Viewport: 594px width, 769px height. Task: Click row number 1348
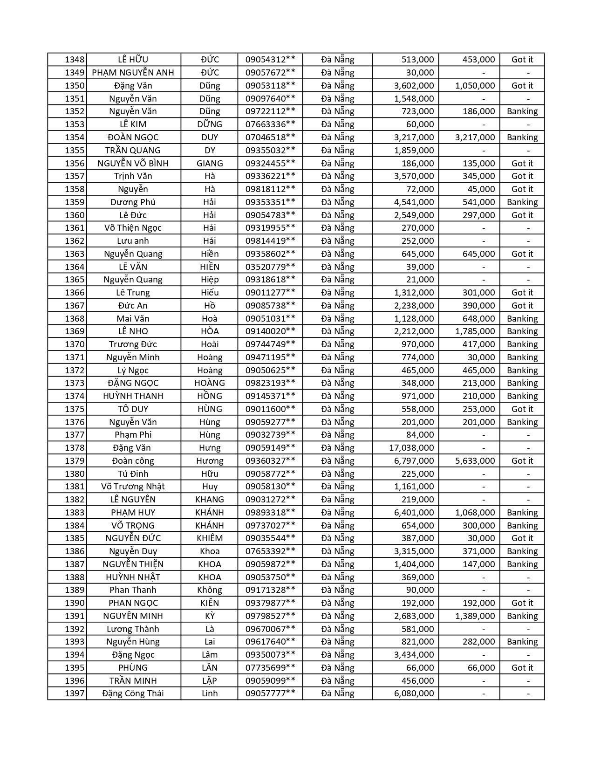click(x=75, y=60)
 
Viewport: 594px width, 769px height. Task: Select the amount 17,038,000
click(x=411, y=448)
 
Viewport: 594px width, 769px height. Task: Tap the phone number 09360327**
click(x=270, y=461)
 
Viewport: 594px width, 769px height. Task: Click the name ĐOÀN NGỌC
click(x=133, y=137)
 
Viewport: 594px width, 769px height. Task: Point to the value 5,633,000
click(x=475, y=461)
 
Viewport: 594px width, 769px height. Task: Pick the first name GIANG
click(x=210, y=164)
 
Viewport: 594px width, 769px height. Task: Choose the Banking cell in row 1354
click(x=522, y=137)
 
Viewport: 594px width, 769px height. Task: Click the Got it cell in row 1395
click(x=522, y=668)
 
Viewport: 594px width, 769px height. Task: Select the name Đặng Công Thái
click(x=133, y=693)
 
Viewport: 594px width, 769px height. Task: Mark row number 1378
click(x=75, y=448)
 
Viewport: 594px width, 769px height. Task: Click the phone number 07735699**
click(x=270, y=668)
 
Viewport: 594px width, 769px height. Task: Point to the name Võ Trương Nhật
click(x=133, y=487)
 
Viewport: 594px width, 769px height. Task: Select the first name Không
click(x=210, y=590)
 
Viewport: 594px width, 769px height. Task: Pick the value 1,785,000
click(x=475, y=331)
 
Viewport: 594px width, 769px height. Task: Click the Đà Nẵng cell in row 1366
click(x=337, y=293)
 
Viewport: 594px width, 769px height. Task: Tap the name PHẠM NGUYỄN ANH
click(x=133, y=73)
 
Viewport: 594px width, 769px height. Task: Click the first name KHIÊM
click(x=210, y=538)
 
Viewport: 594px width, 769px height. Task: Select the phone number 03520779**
click(x=270, y=267)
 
